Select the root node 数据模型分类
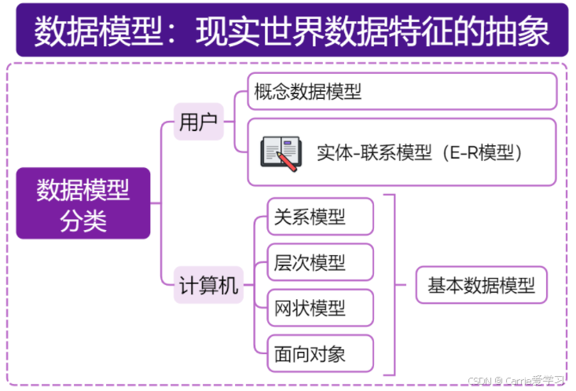pos(83,203)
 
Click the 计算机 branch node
pos(207,286)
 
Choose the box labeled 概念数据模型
pos(402,91)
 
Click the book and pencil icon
pos(281,152)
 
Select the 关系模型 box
pos(320,217)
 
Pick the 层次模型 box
pos(320,262)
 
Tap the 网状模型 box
pos(320,308)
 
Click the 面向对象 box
pos(320,353)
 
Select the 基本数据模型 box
pos(481,286)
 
